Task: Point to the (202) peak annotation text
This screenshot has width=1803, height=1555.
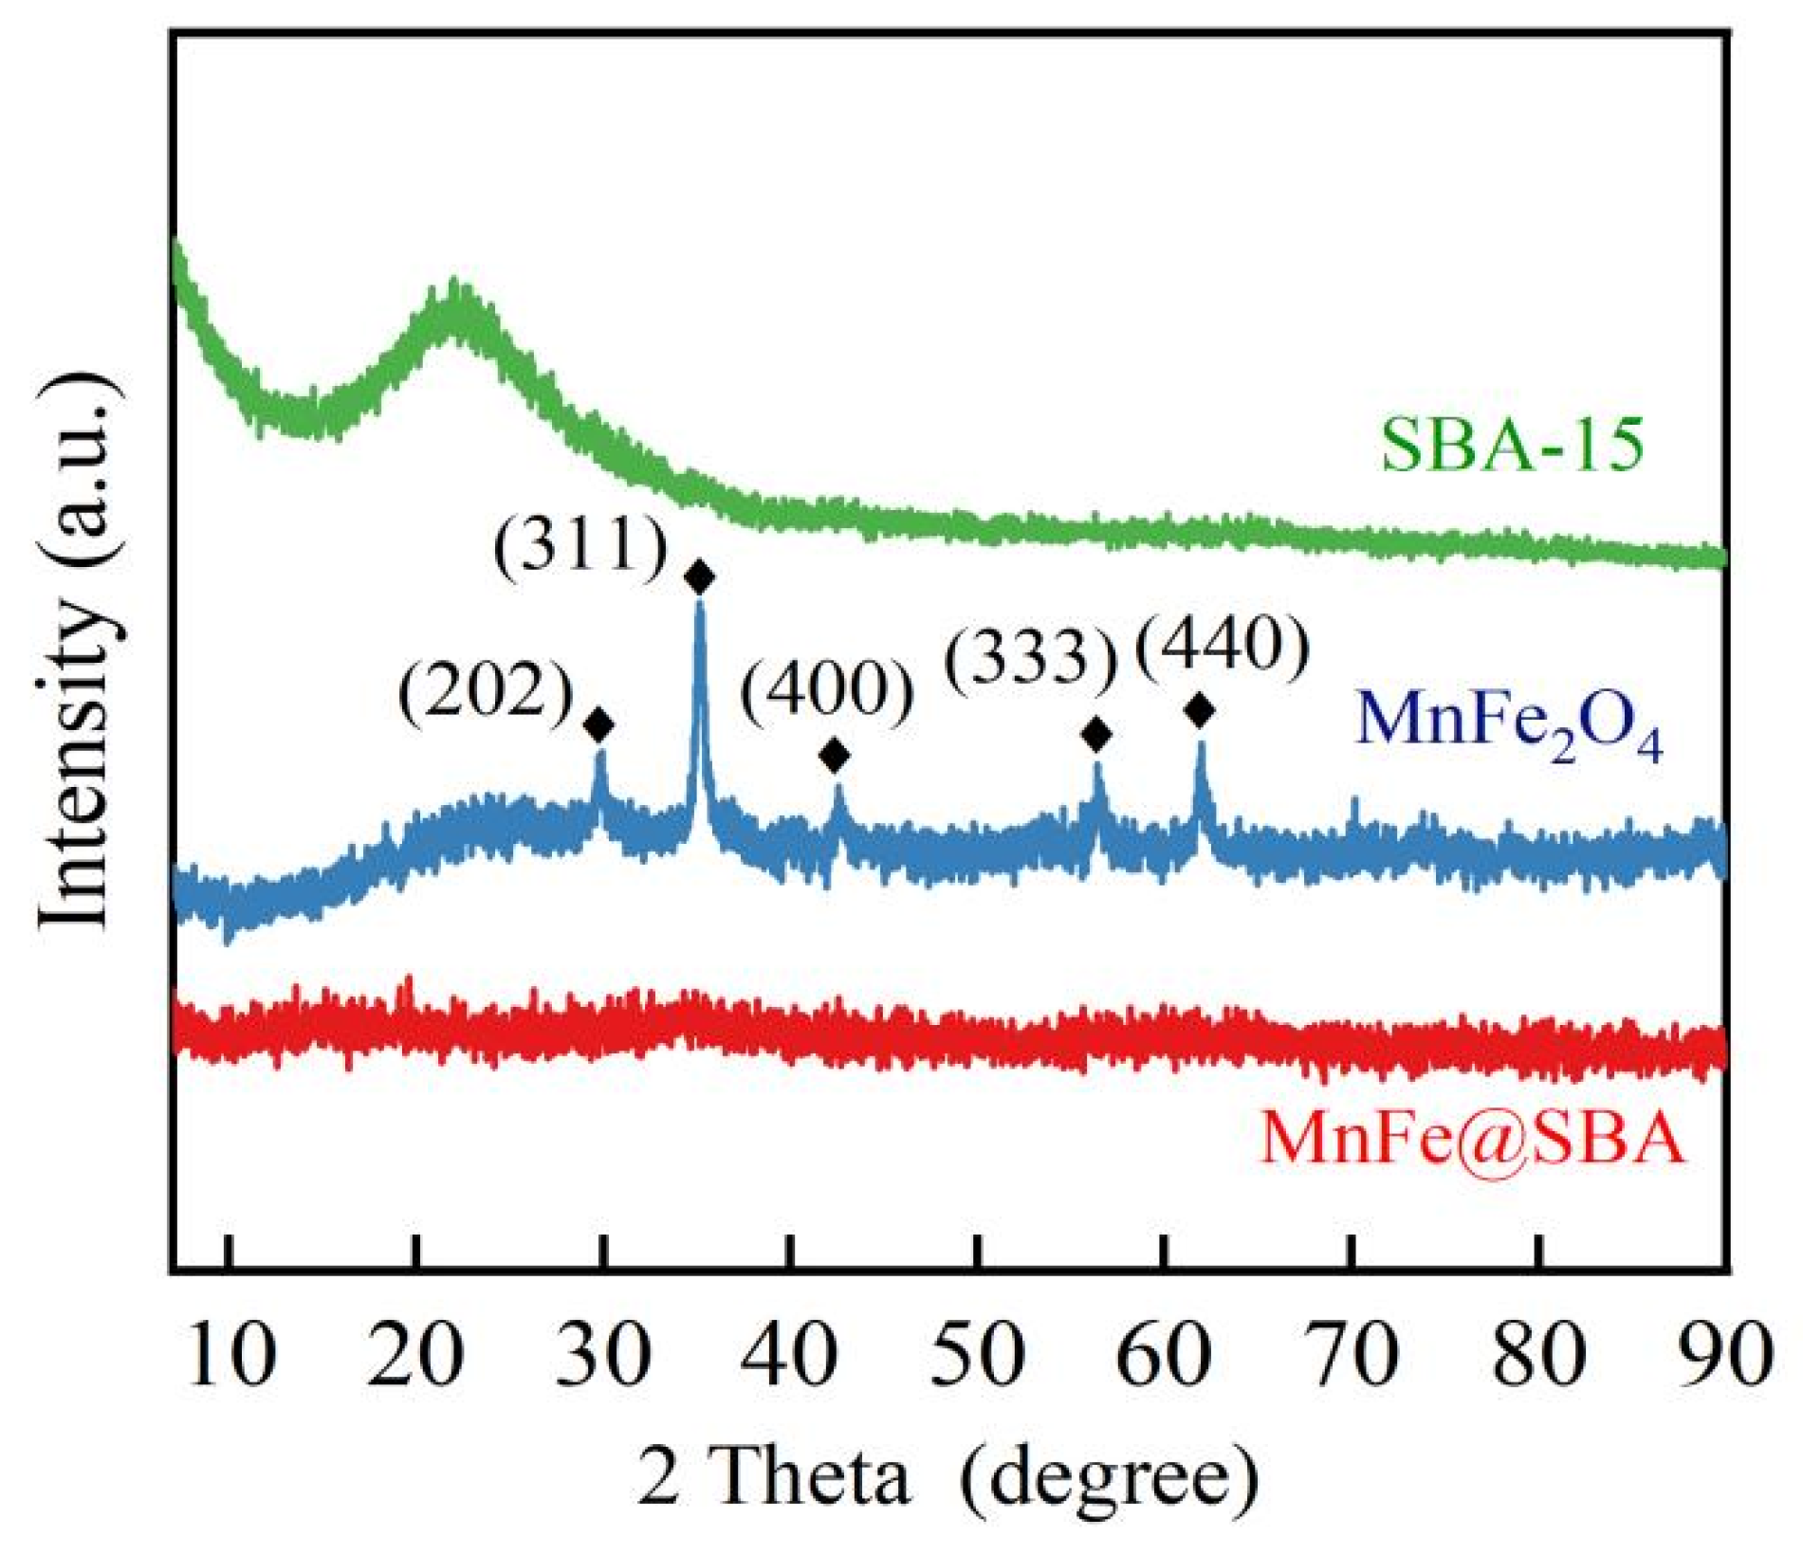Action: point(486,692)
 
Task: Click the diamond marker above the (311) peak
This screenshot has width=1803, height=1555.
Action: point(700,576)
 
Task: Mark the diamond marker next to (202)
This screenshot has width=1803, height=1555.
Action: point(598,725)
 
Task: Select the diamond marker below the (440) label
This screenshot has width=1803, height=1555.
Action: point(1200,709)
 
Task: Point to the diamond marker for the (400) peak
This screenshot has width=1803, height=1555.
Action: point(835,756)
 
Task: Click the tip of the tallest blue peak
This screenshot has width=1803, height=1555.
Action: point(700,607)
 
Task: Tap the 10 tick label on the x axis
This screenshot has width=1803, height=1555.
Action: point(230,1357)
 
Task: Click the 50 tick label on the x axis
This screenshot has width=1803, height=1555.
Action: point(978,1357)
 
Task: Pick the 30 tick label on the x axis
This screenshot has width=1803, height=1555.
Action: point(604,1357)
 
